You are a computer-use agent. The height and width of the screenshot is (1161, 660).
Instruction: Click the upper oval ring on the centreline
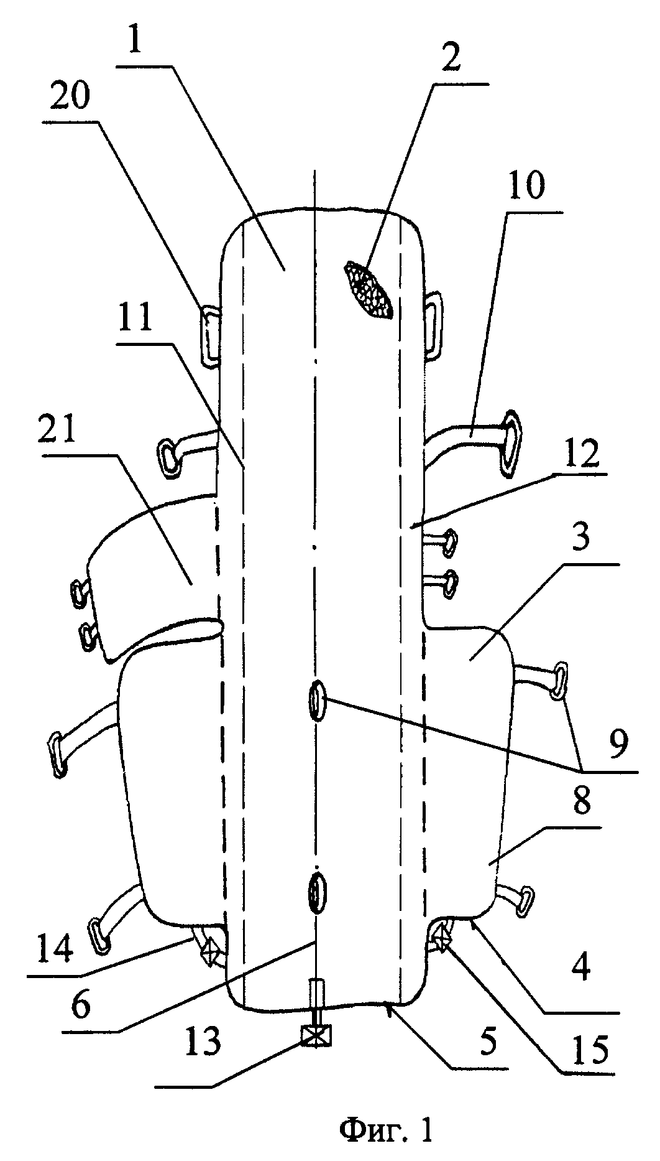[316, 701]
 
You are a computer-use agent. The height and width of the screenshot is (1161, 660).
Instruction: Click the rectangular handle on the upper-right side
[433, 318]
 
